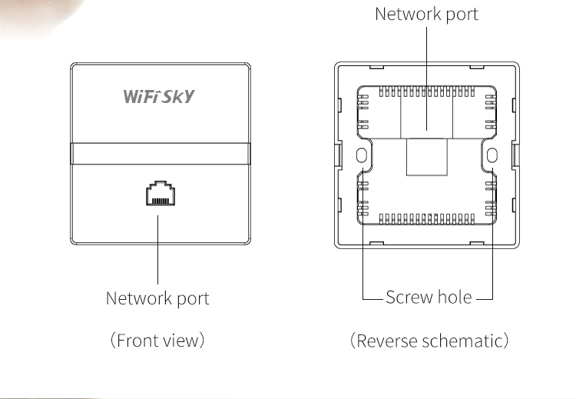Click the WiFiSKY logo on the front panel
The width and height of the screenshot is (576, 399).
coord(159,98)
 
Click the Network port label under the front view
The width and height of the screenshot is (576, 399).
coord(157,298)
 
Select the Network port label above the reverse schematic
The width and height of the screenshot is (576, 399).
coord(427,14)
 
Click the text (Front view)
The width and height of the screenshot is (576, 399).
coord(157,340)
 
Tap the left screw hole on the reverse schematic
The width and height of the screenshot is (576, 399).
coord(362,156)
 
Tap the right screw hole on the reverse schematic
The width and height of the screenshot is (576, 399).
coord(492,156)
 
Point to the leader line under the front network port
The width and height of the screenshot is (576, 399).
coord(158,246)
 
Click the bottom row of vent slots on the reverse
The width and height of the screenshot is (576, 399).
coord(426,218)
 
